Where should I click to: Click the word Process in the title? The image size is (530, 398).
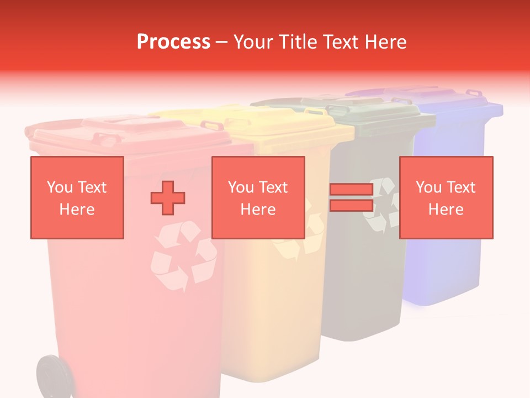point(173,42)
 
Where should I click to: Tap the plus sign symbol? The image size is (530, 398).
point(168,198)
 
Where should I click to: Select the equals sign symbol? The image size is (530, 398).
point(351,197)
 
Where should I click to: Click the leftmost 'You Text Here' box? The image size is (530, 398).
point(77,197)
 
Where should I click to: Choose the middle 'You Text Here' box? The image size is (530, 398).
point(258,197)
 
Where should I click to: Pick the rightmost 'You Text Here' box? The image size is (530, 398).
point(446,197)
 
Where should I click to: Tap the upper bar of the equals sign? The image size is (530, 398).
point(351,190)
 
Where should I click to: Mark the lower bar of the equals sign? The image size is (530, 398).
point(351,205)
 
